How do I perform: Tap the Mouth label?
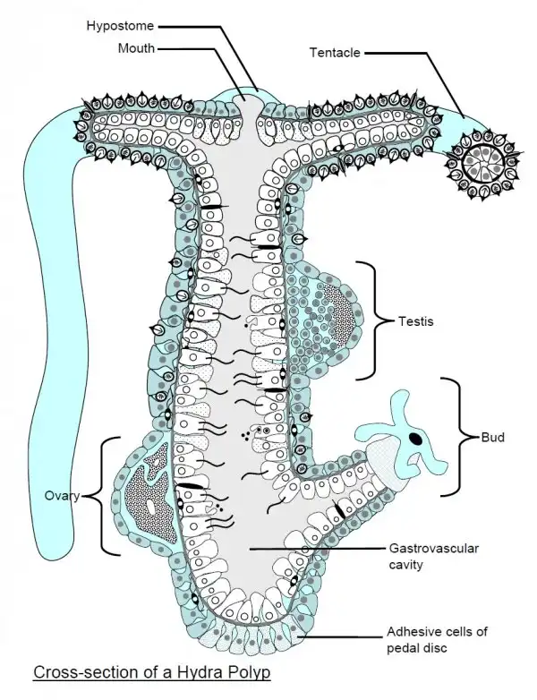(x=137, y=47)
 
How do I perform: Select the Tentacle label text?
(x=335, y=53)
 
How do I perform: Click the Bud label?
(x=492, y=438)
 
